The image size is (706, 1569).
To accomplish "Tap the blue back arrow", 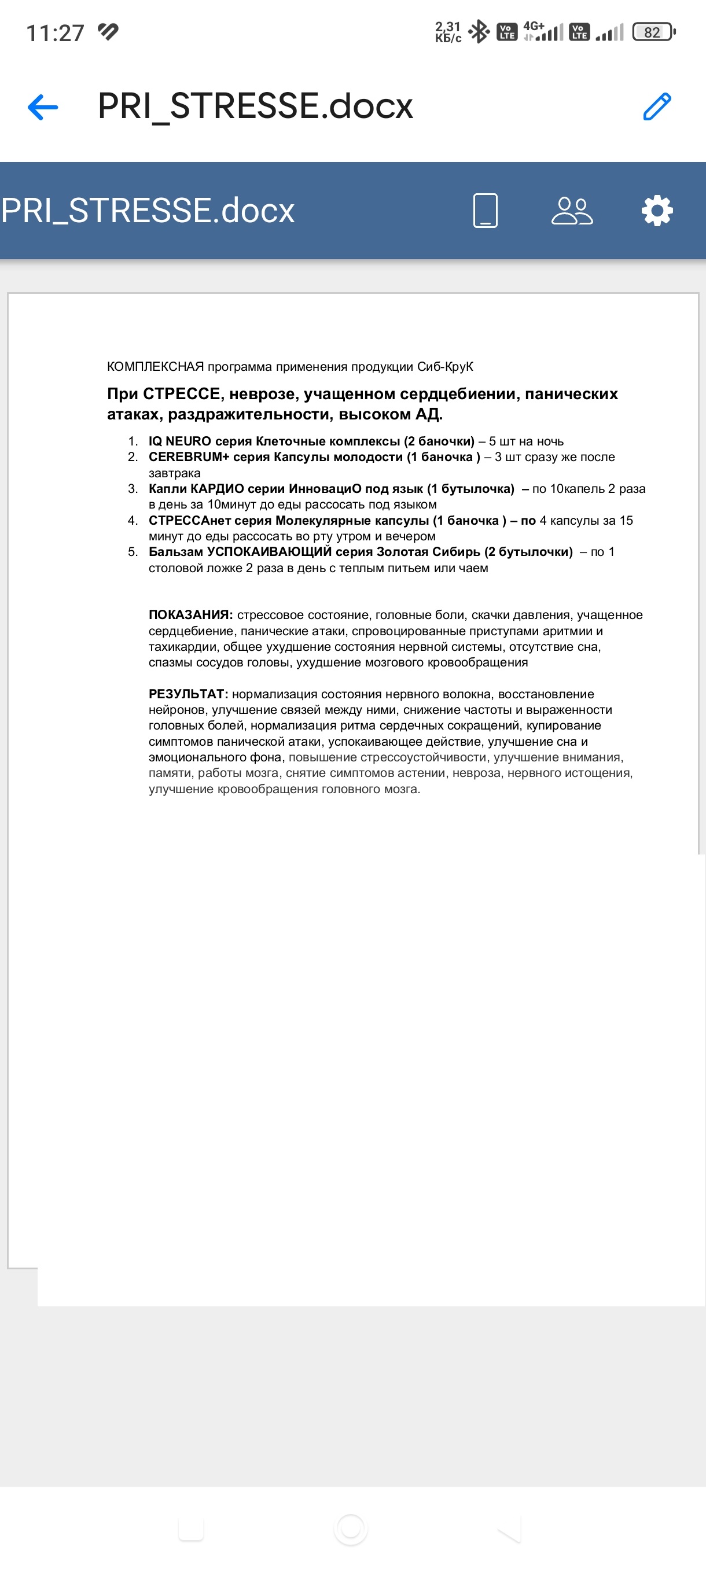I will (43, 107).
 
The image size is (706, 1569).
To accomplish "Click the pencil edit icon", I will (657, 106).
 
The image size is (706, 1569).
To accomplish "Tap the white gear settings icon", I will (657, 211).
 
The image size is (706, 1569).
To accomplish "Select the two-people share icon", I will (572, 211).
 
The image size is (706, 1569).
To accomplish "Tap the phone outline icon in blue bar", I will (486, 211).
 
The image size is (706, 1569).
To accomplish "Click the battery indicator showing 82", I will (653, 32).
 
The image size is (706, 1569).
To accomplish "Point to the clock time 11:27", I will (55, 33).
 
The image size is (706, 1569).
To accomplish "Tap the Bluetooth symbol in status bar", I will (479, 32).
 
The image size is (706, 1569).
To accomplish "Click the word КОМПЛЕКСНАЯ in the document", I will (155, 367).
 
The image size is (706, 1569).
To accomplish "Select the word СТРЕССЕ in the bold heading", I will (182, 394).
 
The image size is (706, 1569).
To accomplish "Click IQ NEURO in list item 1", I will (180, 441).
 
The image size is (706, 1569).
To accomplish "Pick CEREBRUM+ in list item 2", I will (189, 457).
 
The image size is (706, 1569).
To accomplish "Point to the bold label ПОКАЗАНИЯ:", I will (190, 615).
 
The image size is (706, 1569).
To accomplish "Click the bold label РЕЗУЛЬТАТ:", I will (188, 694).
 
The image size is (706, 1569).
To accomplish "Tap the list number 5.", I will (132, 552).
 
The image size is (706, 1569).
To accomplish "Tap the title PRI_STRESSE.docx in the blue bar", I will (148, 211).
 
